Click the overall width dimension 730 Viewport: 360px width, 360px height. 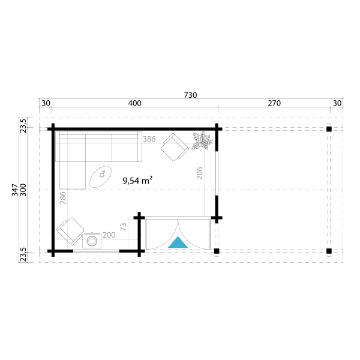190,95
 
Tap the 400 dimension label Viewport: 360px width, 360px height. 135,103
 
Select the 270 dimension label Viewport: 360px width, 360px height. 274,103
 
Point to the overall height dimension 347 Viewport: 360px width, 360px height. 15,190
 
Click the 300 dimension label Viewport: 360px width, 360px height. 23,190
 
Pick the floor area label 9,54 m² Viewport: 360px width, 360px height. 137,181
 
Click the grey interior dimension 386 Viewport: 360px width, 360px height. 149,139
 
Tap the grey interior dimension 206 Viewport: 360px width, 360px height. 200,173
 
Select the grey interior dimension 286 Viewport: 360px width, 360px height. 62,198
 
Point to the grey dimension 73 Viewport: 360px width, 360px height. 124,227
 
